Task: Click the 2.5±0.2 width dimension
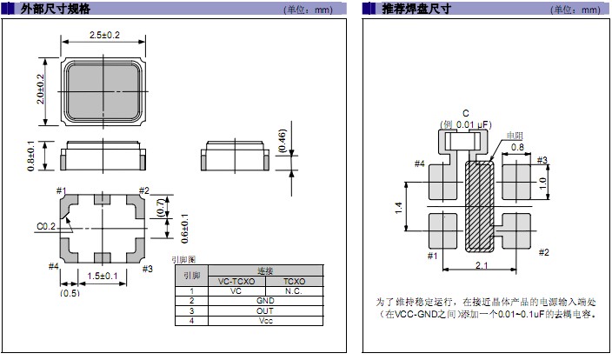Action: pos(104,35)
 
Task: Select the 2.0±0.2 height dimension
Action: pos(41,89)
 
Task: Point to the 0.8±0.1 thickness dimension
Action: pos(31,156)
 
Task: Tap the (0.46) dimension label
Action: pos(283,141)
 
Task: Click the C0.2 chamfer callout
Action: pos(46,226)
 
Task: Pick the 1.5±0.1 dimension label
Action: pos(103,276)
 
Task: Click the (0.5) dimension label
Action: pos(70,293)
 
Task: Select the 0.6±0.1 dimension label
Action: pos(184,229)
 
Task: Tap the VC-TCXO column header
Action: pos(236,281)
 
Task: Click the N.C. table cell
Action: pos(294,291)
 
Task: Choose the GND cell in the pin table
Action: pos(265,301)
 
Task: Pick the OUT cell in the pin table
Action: pos(265,310)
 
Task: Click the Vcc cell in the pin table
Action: pos(266,321)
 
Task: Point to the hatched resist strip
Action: pos(480,206)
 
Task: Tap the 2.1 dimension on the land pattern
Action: pos(482,265)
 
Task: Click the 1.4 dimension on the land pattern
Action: pos(398,207)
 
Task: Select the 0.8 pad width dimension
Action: pos(517,147)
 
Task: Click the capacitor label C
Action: pos(466,113)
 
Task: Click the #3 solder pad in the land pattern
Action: pos(516,181)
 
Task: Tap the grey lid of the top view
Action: pos(103,92)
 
